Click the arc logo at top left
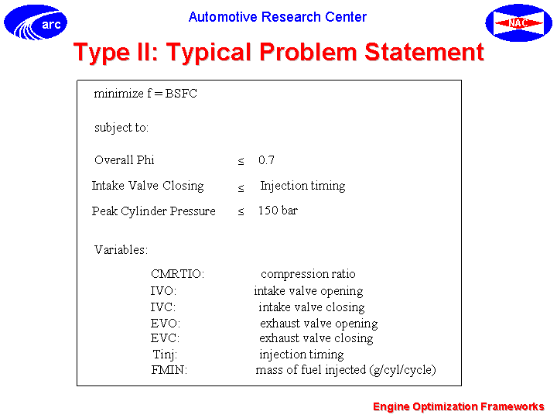[x=36, y=22]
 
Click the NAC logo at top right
[x=518, y=22]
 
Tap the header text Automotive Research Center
[x=278, y=17]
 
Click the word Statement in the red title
[x=425, y=52]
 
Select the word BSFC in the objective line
[x=181, y=94]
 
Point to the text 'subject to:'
[x=121, y=128]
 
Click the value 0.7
[x=266, y=160]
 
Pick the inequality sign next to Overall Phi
[x=241, y=161]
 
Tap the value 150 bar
[x=278, y=211]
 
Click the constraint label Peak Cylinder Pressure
[x=154, y=211]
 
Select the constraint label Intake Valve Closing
[x=148, y=186]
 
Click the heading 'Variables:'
[x=121, y=249]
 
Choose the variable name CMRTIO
[x=177, y=274]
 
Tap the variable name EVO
[x=166, y=324]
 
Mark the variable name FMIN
[x=169, y=370]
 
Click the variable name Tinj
[x=165, y=355]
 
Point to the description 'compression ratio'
[x=308, y=274]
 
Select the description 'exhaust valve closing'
[x=316, y=338]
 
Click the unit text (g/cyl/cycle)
[x=402, y=370]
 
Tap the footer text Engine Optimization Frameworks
[x=459, y=406]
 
